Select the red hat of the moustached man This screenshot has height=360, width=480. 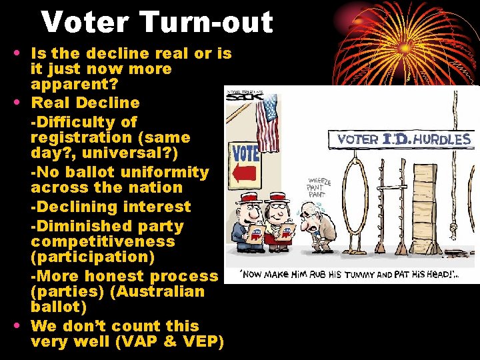[x=248, y=199]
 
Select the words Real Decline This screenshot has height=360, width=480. [x=85, y=103]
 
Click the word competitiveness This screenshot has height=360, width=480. [x=103, y=241]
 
